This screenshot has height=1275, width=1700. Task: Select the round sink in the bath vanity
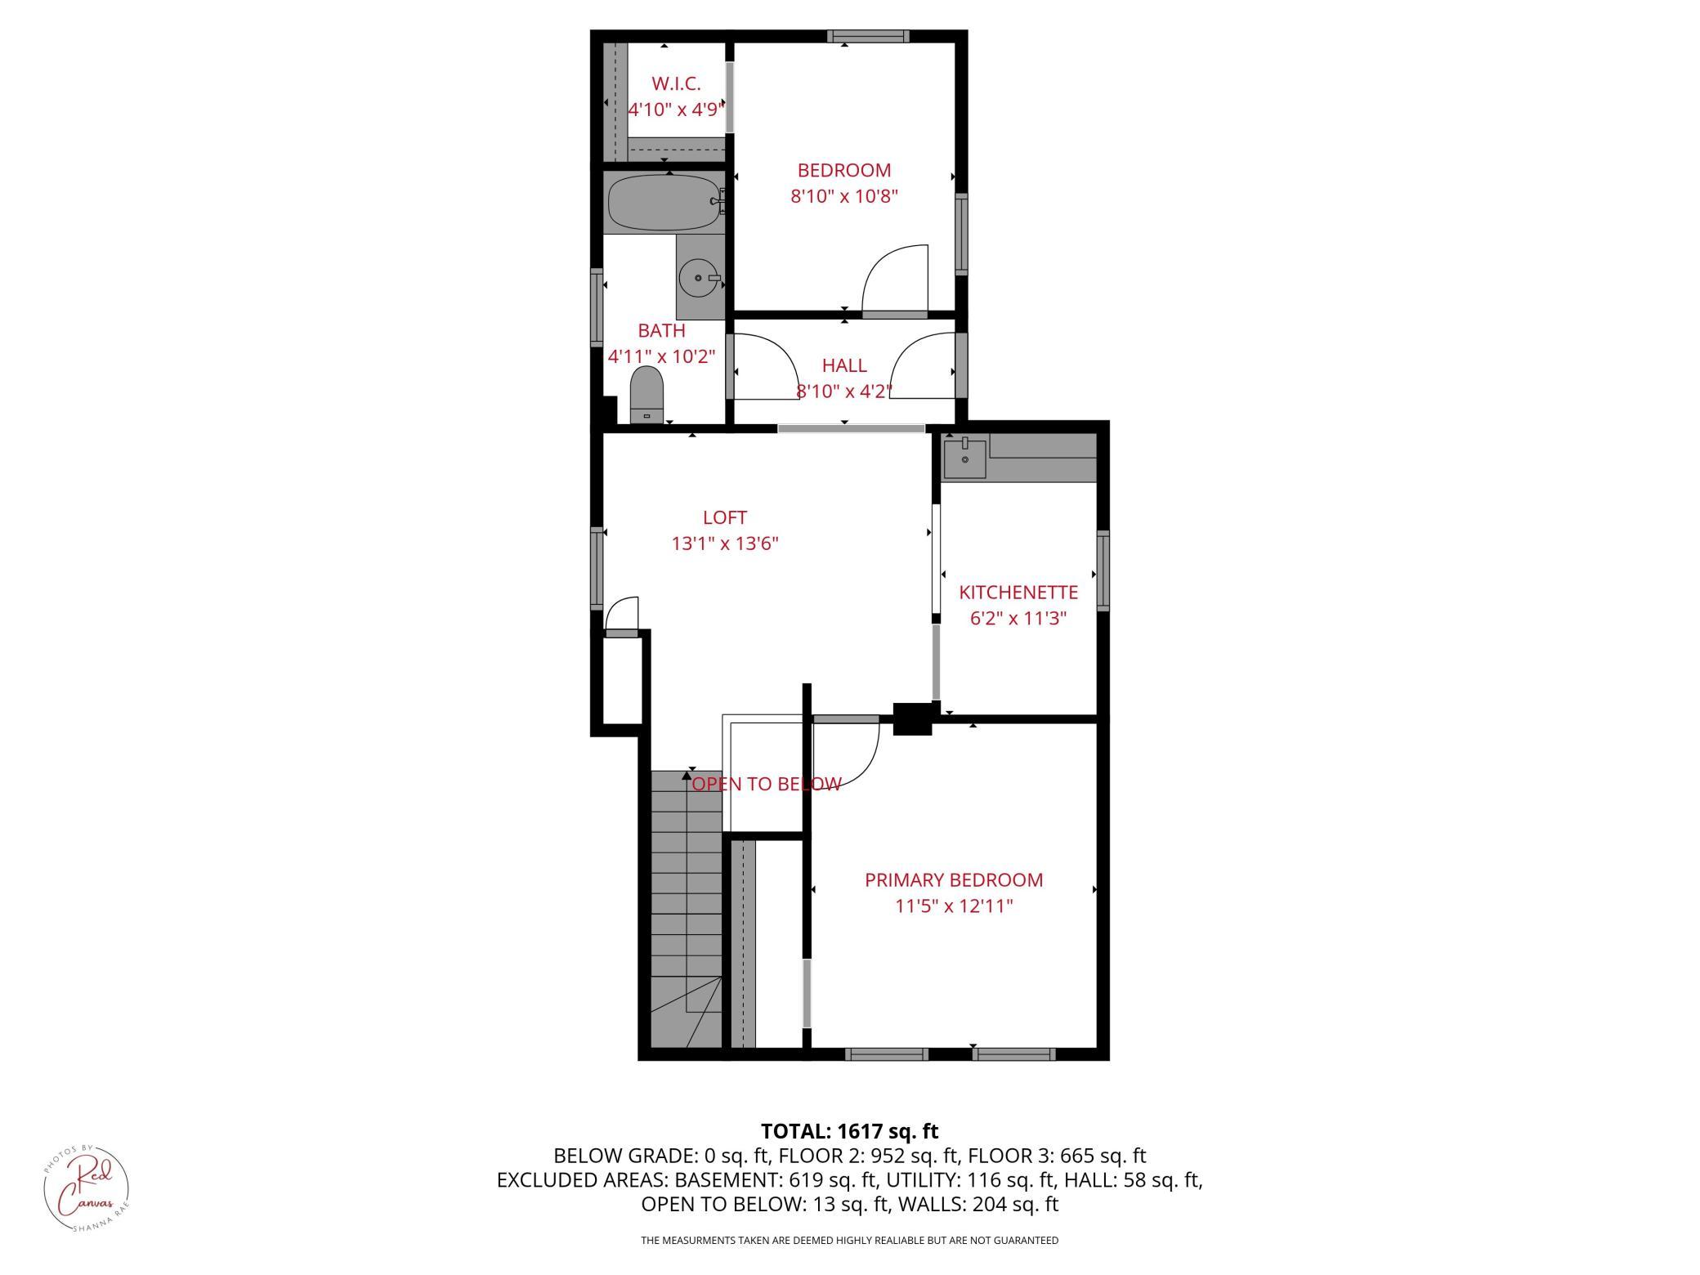[698, 278]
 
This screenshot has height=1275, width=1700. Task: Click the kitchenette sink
[965, 459]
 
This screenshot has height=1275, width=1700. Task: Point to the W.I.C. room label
[676, 83]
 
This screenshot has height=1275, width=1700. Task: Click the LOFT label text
[725, 517]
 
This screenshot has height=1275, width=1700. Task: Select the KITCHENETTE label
[1018, 592]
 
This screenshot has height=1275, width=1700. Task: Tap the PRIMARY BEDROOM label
[954, 879]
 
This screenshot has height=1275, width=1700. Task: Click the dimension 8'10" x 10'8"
[844, 196]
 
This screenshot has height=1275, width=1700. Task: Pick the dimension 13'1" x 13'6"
[725, 544]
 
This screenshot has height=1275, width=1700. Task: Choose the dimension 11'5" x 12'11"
[954, 906]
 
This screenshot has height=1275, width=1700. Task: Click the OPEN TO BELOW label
[766, 784]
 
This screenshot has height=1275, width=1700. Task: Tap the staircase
[687, 908]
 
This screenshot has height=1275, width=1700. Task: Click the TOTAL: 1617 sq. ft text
[849, 1131]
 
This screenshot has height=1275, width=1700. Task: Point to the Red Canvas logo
[86, 1188]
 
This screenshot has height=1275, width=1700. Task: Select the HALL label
[844, 365]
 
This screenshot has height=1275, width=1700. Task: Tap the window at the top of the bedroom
[868, 36]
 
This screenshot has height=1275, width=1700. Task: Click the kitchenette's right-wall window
[1103, 570]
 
